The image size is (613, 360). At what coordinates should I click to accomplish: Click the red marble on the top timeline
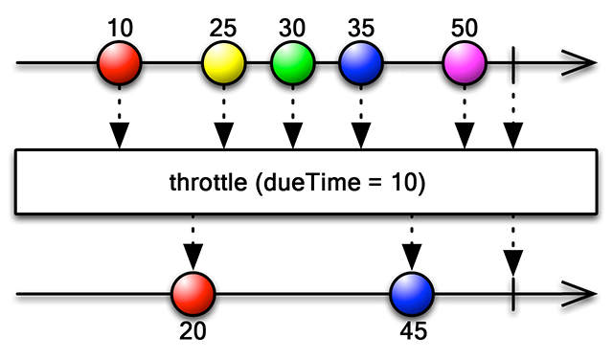click(119, 62)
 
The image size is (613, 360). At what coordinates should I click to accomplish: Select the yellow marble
click(223, 62)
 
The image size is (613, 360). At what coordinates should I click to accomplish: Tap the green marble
click(293, 62)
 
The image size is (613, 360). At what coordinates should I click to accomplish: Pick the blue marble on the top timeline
click(361, 62)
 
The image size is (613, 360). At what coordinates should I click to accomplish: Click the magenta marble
click(465, 62)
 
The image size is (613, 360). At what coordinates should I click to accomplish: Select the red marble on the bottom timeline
click(193, 294)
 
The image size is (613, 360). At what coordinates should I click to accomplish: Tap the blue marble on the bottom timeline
click(412, 294)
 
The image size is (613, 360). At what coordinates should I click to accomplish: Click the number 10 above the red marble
click(120, 28)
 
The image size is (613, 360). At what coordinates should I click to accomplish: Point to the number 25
click(223, 28)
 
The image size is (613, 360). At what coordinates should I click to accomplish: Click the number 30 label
click(292, 28)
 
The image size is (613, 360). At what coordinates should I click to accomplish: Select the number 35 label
click(361, 28)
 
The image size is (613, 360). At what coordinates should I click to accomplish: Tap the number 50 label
click(465, 28)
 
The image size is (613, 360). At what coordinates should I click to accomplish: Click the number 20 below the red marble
click(193, 331)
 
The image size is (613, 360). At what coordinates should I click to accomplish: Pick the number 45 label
click(414, 331)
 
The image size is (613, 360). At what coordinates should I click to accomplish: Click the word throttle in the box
click(208, 182)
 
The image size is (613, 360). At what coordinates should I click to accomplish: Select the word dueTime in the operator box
click(312, 182)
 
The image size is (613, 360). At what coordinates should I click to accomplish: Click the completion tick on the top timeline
click(513, 64)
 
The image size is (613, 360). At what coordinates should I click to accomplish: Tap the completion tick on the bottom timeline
click(513, 294)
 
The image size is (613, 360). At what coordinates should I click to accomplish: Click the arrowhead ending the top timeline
click(579, 62)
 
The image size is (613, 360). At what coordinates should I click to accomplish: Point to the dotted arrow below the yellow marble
click(223, 117)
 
